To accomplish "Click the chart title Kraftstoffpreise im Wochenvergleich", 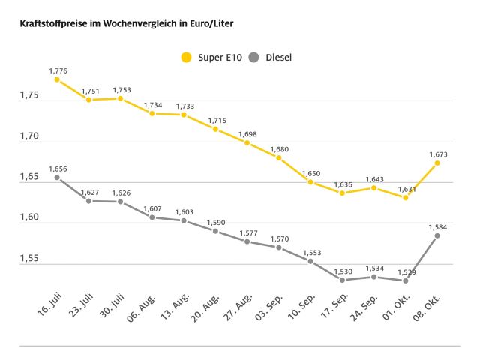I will click(x=121, y=24).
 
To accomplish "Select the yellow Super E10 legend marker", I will click(x=187, y=56).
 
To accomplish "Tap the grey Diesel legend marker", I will click(x=253, y=56).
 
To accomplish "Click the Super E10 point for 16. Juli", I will click(x=57, y=79).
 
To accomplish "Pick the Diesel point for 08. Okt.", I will click(x=437, y=235).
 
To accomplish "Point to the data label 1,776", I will click(x=58, y=70).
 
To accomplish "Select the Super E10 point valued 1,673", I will click(x=437, y=163).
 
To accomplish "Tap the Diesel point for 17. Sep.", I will click(x=342, y=280).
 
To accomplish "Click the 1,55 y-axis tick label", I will click(x=29, y=259).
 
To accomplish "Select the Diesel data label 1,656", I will click(x=58, y=169).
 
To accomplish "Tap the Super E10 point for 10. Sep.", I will click(x=310, y=182).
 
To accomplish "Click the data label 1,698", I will click(x=247, y=134).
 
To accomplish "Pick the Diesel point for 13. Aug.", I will click(x=184, y=220).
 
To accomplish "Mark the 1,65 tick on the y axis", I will click(x=29, y=178).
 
